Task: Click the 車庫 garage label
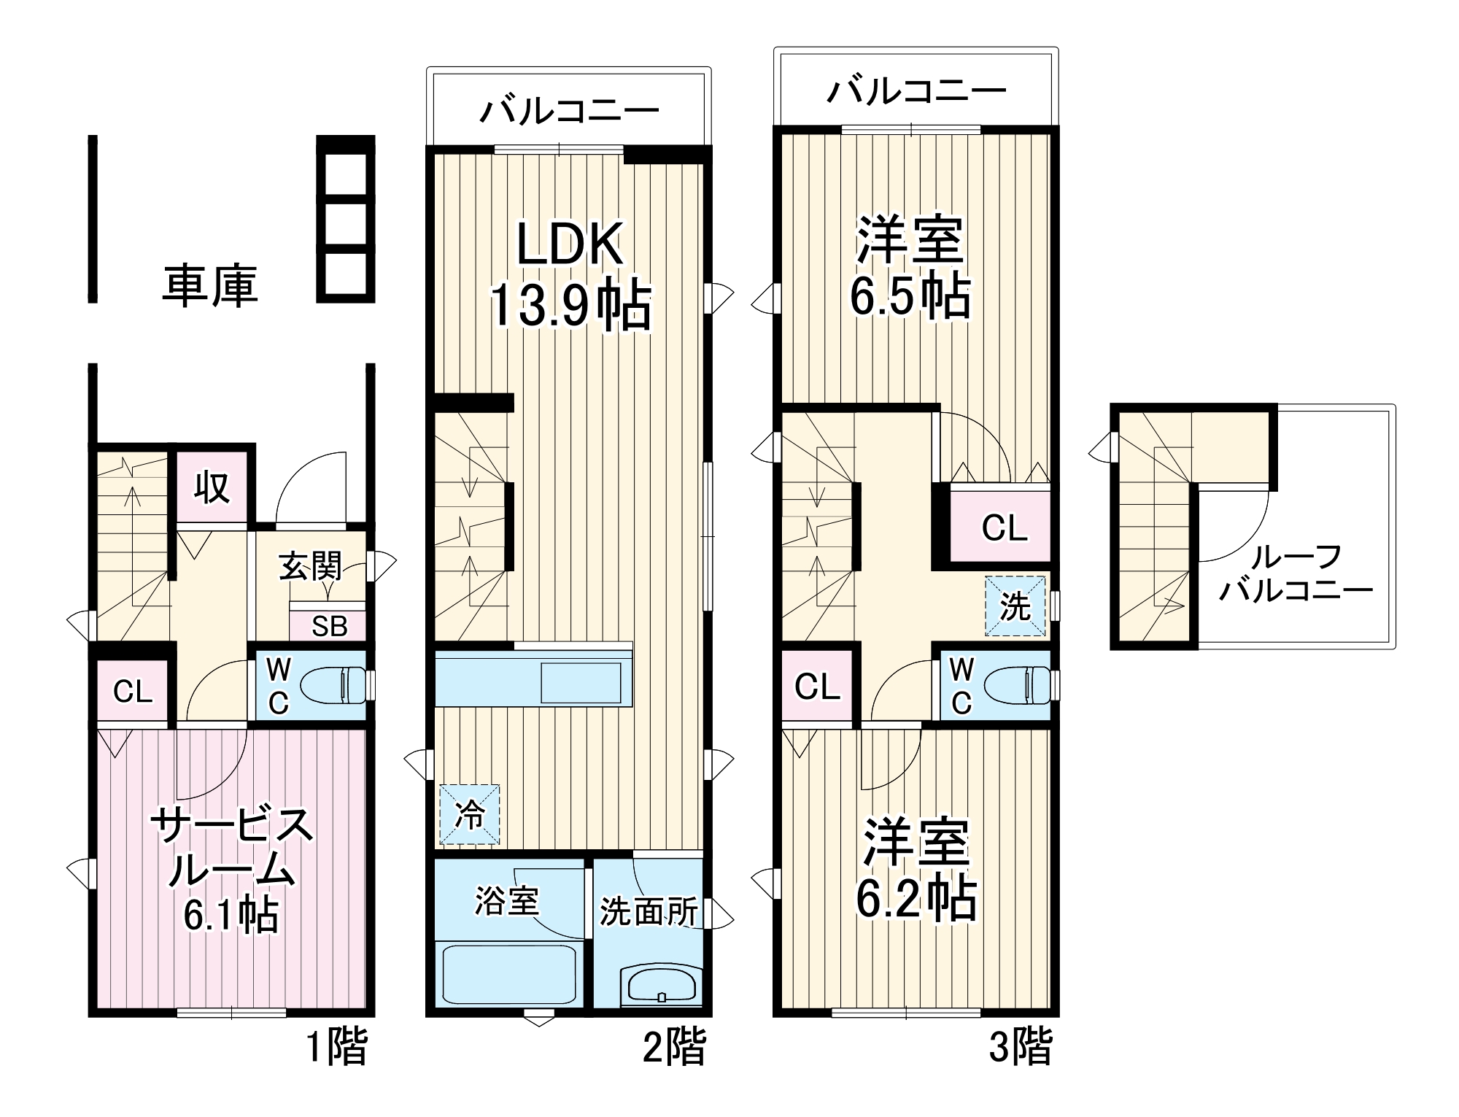tap(209, 285)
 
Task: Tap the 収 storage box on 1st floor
tap(212, 487)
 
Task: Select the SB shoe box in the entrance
tap(329, 626)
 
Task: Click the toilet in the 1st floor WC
tap(332, 685)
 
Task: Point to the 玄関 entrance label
tap(310, 566)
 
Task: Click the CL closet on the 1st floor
tap(133, 691)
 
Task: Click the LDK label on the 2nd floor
tap(570, 244)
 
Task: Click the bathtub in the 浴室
tap(508, 974)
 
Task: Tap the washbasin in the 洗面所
tap(661, 985)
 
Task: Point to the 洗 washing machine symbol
tap(1015, 606)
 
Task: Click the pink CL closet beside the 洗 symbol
tap(1004, 527)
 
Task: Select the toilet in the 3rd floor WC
tap(1017, 685)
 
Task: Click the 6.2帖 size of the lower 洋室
tap(916, 899)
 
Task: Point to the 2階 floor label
tap(674, 1048)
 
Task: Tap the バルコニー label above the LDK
tap(569, 111)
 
